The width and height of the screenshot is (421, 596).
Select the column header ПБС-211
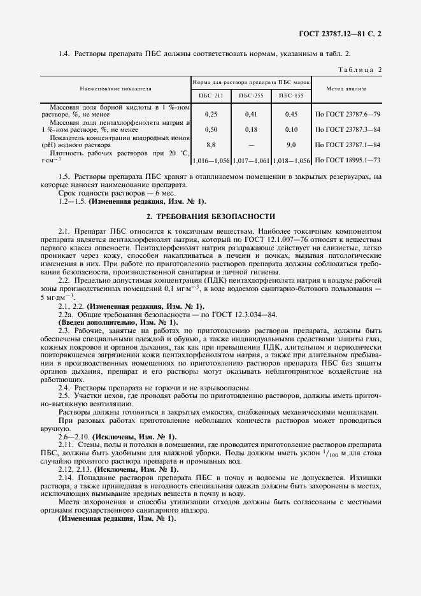pyautogui.click(x=210, y=96)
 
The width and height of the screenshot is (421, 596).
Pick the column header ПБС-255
pyautogui.click(x=251, y=96)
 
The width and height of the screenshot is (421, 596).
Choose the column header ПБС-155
pyautogui.click(x=291, y=96)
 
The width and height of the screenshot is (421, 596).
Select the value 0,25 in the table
pyautogui.click(x=210, y=114)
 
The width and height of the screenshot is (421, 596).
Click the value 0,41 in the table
pyautogui.click(x=251, y=114)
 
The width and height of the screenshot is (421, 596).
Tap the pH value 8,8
pyautogui.click(x=210, y=145)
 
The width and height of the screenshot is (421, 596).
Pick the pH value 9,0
pyautogui.click(x=291, y=145)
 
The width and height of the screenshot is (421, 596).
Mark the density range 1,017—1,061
pyautogui.click(x=251, y=160)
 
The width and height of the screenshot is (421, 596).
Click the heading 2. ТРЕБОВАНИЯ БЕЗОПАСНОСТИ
pyautogui.click(x=211, y=216)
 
